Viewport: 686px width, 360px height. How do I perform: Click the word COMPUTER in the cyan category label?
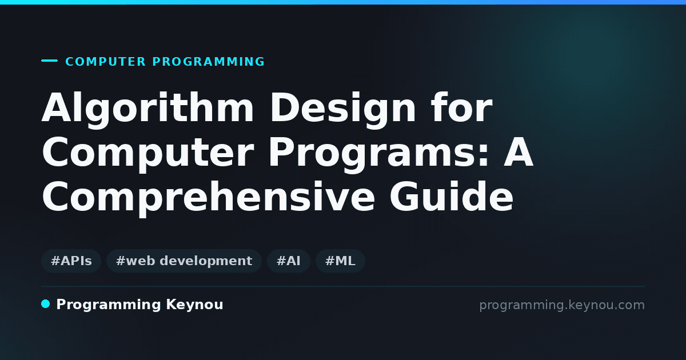(x=105, y=62)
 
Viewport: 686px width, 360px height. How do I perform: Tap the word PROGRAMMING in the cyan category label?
(x=209, y=62)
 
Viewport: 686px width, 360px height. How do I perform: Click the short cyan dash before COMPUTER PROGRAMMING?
(x=49, y=61)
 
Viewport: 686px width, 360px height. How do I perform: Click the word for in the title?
(x=462, y=107)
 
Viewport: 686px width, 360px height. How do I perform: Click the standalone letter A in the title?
(x=519, y=152)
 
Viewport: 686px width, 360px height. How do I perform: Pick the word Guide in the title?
(x=452, y=196)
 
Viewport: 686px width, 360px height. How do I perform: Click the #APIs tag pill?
(x=71, y=261)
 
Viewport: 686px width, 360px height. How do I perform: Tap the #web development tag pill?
(x=184, y=261)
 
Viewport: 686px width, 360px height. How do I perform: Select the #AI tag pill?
(x=289, y=261)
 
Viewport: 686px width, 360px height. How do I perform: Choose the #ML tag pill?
(x=340, y=261)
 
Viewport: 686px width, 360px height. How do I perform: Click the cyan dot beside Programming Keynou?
(x=46, y=304)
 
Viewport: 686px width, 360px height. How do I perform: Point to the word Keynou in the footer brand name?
(x=194, y=305)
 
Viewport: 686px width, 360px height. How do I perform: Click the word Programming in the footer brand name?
(x=109, y=305)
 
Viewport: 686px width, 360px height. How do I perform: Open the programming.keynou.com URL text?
(x=562, y=305)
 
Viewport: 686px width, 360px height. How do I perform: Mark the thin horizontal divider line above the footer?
(x=344, y=286)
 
